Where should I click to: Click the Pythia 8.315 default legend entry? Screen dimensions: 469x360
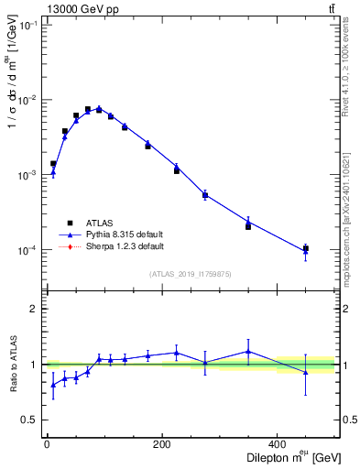[x=119, y=234]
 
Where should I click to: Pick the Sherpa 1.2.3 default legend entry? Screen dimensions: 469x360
[x=119, y=246]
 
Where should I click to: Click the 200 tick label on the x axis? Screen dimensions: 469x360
[x=161, y=443]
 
